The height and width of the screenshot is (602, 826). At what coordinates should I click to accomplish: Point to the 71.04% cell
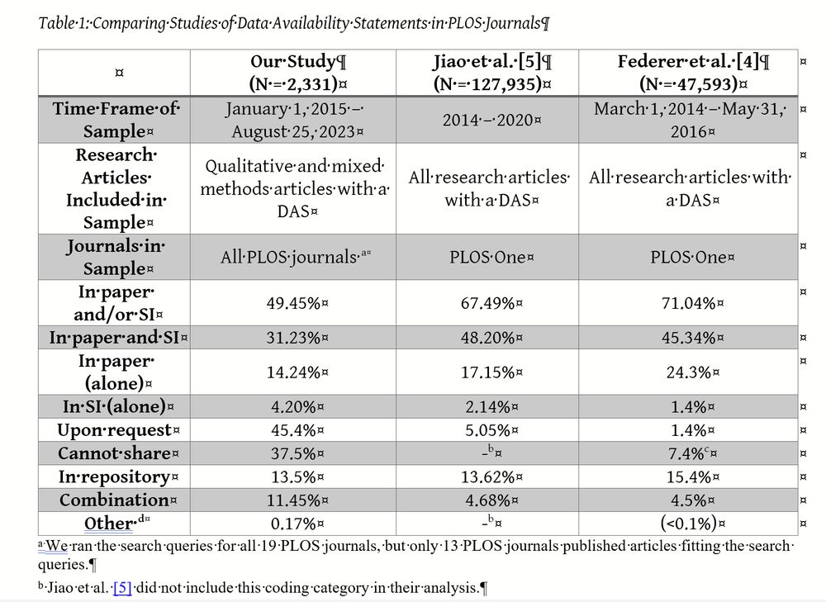click(687, 303)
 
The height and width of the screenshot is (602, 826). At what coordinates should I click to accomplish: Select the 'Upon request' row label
click(114, 430)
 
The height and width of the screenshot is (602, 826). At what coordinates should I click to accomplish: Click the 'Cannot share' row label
click(114, 453)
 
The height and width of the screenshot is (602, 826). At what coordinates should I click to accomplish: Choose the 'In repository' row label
click(114, 476)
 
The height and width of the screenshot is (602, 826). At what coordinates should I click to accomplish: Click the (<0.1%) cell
click(687, 523)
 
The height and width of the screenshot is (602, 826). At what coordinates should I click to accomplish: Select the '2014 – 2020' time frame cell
click(487, 120)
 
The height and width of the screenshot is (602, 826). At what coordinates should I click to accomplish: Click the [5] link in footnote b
click(122, 589)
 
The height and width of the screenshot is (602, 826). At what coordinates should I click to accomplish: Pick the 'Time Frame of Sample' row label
click(114, 120)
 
